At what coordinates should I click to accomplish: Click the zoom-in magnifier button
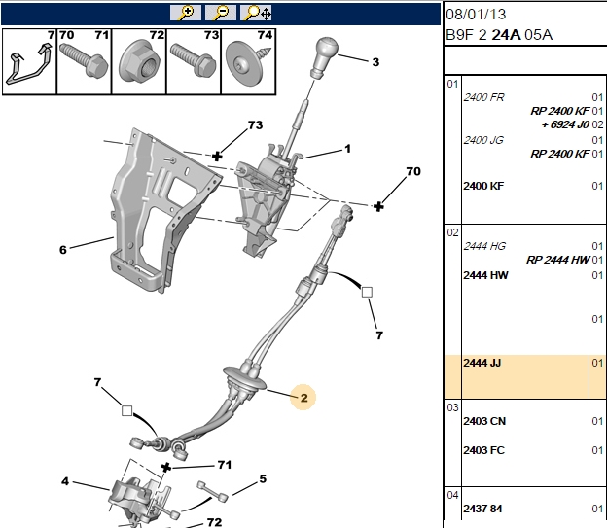pos(186,13)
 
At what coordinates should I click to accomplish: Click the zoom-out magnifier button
pos(221,13)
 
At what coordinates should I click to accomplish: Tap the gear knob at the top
pos(324,57)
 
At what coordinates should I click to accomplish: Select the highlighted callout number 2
pos(303,398)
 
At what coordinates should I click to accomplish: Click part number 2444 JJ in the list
pos(482,363)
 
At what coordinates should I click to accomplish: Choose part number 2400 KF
pos(483,186)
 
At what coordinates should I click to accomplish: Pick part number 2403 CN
pos(484,421)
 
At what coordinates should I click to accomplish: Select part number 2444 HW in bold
pos(485,275)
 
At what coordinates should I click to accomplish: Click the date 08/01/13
pos(476,15)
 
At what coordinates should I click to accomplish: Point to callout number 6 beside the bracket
pos(62,250)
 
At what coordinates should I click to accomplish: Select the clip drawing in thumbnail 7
pos(28,64)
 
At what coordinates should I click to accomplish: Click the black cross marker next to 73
pos(217,156)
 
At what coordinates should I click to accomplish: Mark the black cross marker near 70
pos(378,206)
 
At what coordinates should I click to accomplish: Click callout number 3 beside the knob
pos(375,62)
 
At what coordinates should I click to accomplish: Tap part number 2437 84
pos(482,508)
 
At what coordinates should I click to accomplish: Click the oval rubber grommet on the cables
pos(245,378)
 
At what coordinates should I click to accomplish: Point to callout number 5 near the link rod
pos(263,478)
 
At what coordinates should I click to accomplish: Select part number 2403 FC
pos(483,450)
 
